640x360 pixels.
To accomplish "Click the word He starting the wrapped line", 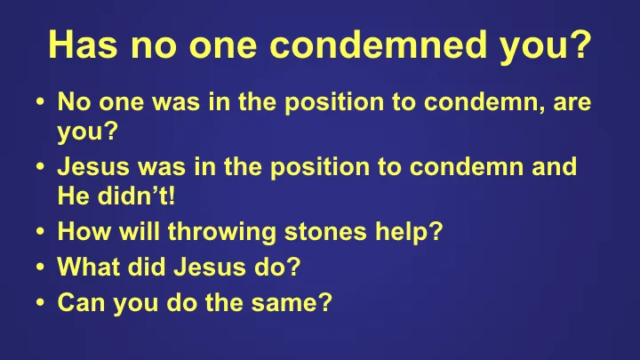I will click(x=72, y=196).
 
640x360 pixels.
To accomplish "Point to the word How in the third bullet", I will click(x=81, y=232).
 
